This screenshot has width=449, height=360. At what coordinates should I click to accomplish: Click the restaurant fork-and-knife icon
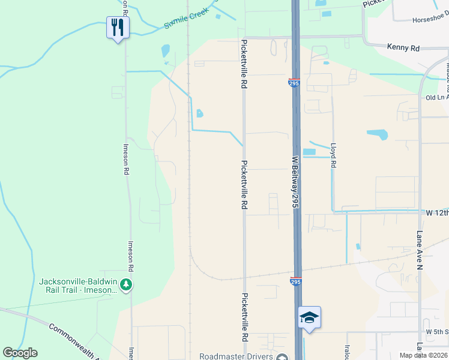point(118,27)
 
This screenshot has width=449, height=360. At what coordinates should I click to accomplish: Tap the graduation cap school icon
point(309,317)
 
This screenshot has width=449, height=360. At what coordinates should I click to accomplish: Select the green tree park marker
point(125,284)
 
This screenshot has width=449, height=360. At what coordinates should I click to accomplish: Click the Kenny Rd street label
point(402,46)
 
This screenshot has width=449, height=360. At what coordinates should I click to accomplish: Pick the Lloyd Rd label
point(333,155)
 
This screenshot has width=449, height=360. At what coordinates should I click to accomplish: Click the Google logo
point(20,353)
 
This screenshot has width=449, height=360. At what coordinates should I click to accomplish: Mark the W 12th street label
point(437,213)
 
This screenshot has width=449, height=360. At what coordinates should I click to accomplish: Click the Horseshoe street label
point(430,20)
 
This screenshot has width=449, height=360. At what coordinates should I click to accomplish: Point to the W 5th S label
point(437,331)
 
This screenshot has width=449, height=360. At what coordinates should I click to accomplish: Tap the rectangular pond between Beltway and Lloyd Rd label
point(309,152)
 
